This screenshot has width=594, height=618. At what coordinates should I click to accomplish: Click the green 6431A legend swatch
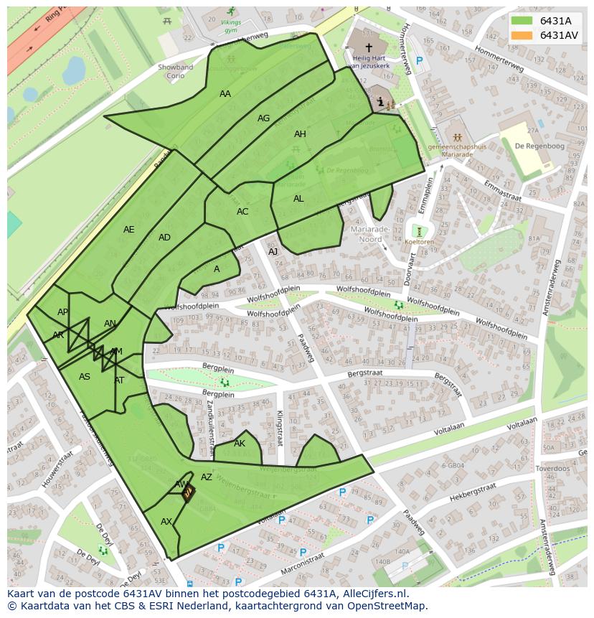pos(522,21)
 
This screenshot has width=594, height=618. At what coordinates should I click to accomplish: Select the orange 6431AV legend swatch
pos(522,35)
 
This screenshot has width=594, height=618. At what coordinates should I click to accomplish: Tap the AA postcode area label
pos(225,94)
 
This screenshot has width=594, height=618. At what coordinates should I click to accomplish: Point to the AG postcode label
pos(263,118)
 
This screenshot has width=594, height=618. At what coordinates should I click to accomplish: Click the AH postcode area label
pos(300,134)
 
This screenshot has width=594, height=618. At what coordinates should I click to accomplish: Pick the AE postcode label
pos(128,230)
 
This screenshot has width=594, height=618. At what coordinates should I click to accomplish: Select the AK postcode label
pos(240,444)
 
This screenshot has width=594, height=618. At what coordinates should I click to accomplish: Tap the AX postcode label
pos(166,522)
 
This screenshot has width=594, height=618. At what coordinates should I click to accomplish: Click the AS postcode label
pos(85,377)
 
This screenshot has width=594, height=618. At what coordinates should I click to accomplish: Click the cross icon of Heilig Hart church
pos(369,47)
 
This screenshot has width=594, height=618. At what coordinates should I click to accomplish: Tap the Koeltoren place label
pos(419,243)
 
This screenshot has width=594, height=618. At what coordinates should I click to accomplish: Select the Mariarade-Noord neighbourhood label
pos(371,234)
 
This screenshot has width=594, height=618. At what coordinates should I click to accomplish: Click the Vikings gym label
pos(230,26)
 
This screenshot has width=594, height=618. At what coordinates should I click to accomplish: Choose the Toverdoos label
pos(552,467)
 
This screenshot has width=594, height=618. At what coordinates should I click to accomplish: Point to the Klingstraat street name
pos(279,429)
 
